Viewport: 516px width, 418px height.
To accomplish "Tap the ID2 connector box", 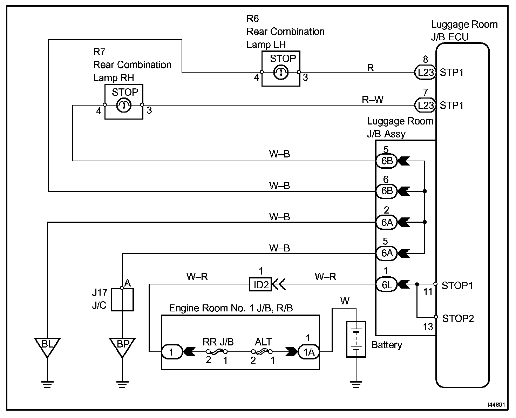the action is (x=260, y=284).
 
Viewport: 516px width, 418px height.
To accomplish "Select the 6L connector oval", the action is (x=387, y=284).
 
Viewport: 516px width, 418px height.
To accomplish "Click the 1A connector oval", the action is (x=308, y=352).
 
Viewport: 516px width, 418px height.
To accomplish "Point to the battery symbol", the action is (x=356, y=339).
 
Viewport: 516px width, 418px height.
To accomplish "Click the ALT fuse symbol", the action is (x=262, y=351).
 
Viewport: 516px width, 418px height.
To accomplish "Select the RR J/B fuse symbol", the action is (x=217, y=351).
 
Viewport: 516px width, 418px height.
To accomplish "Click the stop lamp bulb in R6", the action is (x=281, y=72).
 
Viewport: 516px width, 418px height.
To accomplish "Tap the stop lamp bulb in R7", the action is (x=124, y=105).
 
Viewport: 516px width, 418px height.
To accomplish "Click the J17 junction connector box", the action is (x=122, y=299).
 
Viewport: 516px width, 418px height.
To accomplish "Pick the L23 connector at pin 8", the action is (x=426, y=72).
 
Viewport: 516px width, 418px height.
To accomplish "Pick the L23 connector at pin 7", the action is (x=426, y=105).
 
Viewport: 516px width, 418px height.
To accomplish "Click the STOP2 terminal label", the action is (x=458, y=318).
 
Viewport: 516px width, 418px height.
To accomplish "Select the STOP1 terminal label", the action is (x=457, y=286).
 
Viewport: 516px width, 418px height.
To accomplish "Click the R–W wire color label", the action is (x=373, y=100).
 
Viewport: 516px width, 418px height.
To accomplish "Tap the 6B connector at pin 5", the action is (x=387, y=161).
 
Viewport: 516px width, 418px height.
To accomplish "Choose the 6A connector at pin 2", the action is (x=387, y=222).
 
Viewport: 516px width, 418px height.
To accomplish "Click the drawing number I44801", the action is (x=496, y=405).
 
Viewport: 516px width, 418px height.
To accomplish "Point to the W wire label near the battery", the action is (x=345, y=301).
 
